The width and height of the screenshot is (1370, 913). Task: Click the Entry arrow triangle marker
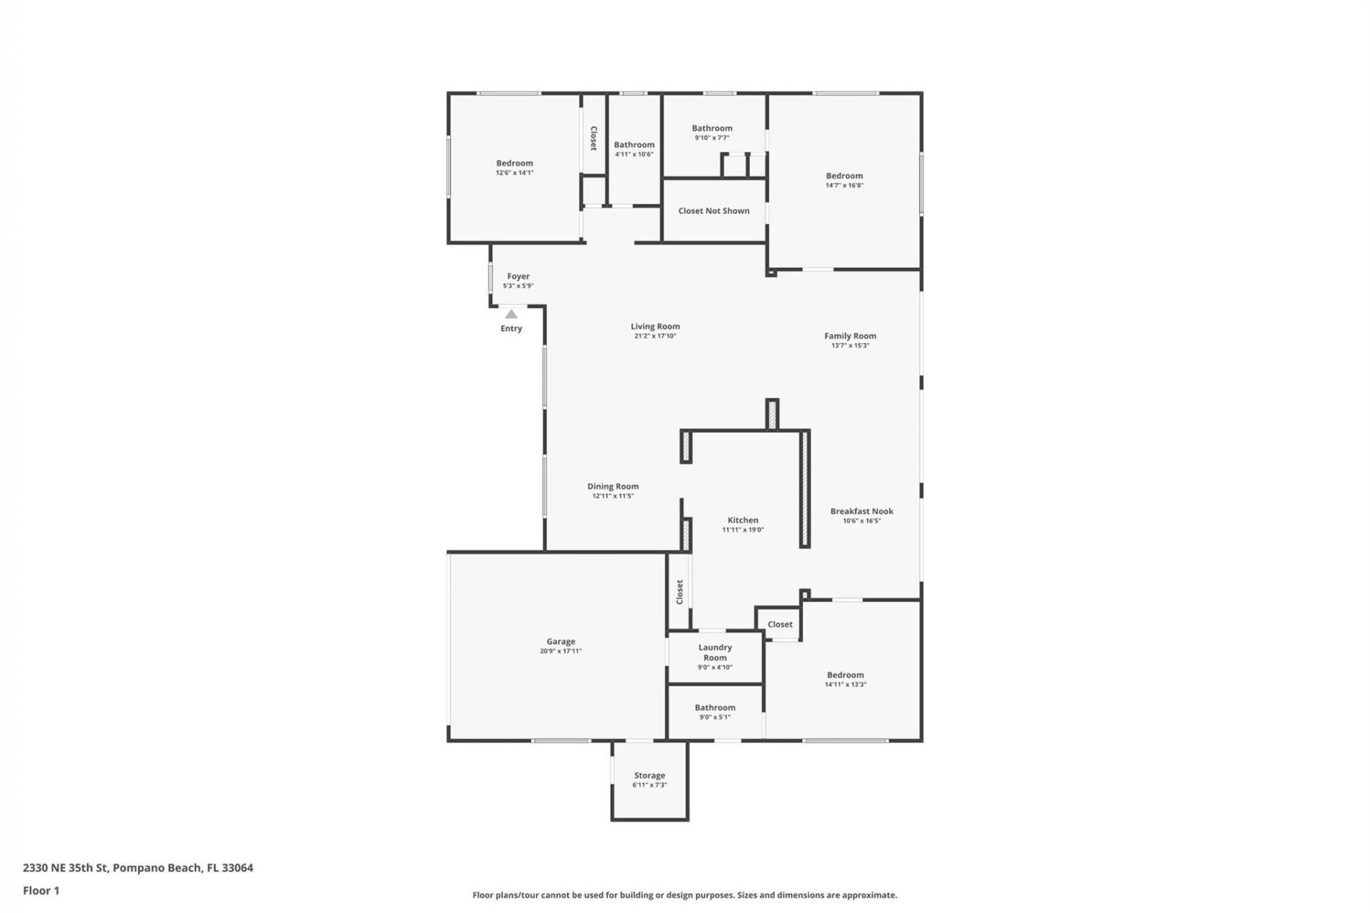coord(511,314)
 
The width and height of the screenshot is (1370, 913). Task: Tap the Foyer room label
coord(518,276)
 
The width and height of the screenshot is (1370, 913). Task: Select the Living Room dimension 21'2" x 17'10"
coord(655,336)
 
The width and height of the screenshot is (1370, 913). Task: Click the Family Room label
coord(850,335)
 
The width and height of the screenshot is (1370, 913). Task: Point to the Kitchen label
coord(743,520)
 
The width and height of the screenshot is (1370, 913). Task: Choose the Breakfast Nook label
coord(861,511)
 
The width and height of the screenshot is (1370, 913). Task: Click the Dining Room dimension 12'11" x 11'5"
coord(613,496)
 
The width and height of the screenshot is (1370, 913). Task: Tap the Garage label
coord(561,641)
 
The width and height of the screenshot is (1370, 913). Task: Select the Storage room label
coord(649,775)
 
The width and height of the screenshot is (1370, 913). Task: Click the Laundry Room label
coord(715,653)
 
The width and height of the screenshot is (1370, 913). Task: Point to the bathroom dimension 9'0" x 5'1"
coord(715,718)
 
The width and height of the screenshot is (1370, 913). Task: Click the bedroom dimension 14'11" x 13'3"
coord(845,685)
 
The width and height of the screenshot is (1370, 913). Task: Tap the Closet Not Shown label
coord(714,210)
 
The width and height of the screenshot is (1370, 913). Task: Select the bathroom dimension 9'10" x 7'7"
coord(712,138)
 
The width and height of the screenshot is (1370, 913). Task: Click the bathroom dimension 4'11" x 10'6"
coord(634,154)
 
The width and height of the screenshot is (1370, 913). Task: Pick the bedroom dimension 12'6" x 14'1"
coord(514,173)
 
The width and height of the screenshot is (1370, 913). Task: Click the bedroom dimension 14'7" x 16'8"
coord(844,185)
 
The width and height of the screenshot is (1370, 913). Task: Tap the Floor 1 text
coord(41,890)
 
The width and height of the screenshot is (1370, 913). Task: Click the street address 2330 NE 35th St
coord(65,868)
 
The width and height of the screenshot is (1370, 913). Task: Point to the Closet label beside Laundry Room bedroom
coord(780,624)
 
